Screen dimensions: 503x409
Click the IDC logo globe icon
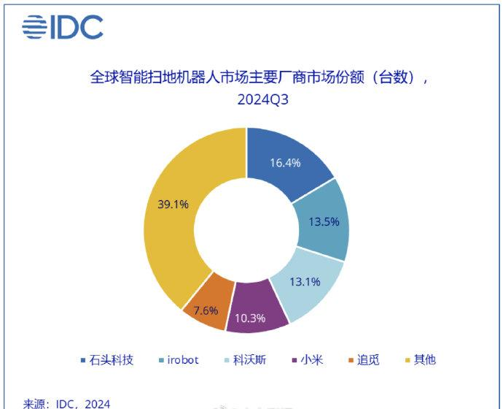pyautogui.click(x=34, y=27)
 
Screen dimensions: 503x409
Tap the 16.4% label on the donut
pyautogui.click(x=285, y=163)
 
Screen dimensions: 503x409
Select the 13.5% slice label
pyautogui.click(x=324, y=222)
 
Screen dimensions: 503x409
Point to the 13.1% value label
pyautogui.click(x=305, y=282)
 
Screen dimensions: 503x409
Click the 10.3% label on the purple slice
pyautogui.click(x=250, y=318)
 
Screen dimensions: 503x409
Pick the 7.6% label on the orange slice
pyautogui.click(x=206, y=310)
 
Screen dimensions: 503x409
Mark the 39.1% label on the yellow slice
pyautogui.click(x=173, y=204)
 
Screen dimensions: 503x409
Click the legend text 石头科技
pyautogui.click(x=112, y=360)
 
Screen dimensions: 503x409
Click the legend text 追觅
pyautogui.click(x=368, y=360)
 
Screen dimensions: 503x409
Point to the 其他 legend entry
pyautogui.click(x=425, y=360)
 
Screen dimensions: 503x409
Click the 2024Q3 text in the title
pyautogui.click(x=262, y=99)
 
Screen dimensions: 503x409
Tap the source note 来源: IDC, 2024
pyautogui.click(x=66, y=404)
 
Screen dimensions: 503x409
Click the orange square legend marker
pyautogui.click(x=351, y=360)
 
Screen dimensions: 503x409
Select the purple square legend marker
pyautogui.click(x=295, y=360)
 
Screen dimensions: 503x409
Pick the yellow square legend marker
pyautogui.click(x=408, y=360)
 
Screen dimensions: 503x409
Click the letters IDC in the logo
pyautogui.click(x=77, y=27)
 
